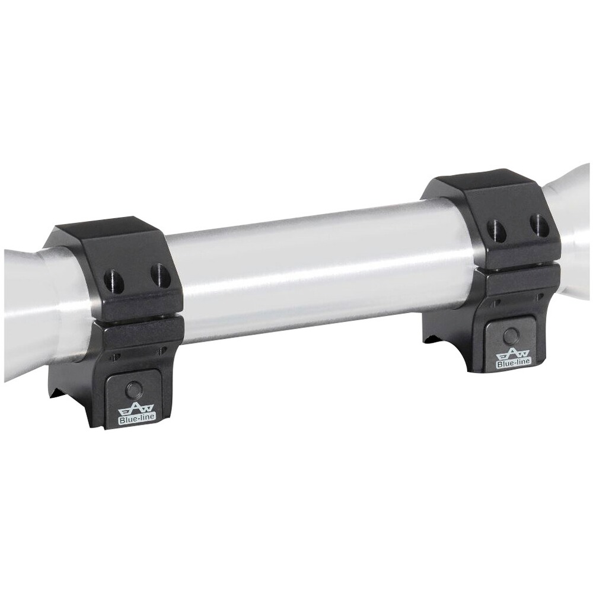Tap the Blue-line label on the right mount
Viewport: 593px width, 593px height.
coord(513,362)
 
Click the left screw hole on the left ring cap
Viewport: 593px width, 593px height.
coord(112,279)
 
